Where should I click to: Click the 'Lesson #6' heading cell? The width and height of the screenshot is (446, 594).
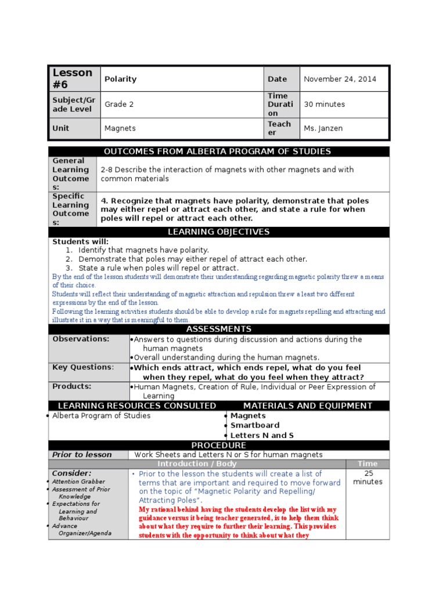tap(73, 79)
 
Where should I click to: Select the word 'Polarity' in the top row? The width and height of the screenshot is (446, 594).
tap(120, 79)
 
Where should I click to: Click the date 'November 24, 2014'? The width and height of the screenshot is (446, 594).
tap(340, 79)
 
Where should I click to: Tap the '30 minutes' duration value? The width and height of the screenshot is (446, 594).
tap(324, 104)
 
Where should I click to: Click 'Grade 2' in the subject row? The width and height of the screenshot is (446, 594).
tap(119, 104)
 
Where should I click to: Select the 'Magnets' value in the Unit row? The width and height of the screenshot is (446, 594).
tap(120, 128)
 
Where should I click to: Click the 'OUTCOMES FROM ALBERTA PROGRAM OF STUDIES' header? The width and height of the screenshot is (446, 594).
tap(217, 151)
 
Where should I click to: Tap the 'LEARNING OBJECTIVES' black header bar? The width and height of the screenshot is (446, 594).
tap(218, 232)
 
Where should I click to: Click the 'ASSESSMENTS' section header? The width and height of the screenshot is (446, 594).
tap(218, 329)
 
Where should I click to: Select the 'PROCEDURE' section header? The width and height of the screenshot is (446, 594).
tap(218, 445)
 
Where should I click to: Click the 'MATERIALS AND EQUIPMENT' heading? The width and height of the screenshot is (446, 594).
tap(308, 405)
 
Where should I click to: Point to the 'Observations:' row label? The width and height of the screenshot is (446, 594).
tap(81, 339)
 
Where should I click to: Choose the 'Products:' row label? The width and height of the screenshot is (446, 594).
tap(71, 386)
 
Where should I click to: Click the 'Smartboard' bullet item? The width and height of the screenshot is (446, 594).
tap(255, 425)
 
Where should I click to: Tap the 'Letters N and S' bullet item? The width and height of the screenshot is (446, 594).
tap(262, 435)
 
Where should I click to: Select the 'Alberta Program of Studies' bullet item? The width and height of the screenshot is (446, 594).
tap(101, 416)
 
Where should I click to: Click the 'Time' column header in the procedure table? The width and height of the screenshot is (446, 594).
tap(368, 463)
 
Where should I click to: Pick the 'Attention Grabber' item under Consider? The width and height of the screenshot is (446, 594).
tap(78, 481)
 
